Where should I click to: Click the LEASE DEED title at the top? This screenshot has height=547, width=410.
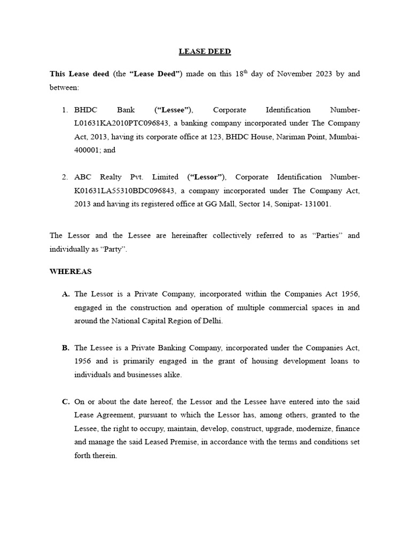click(x=204, y=52)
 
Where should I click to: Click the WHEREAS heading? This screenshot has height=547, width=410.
click(x=70, y=271)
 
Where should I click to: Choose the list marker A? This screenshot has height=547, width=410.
click(x=66, y=294)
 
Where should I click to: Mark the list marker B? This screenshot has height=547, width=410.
click(x=66, y=348)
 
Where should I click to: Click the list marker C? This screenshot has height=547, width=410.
click(x=66, y=402)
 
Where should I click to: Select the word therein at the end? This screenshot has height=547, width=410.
click(x=105, y=456)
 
